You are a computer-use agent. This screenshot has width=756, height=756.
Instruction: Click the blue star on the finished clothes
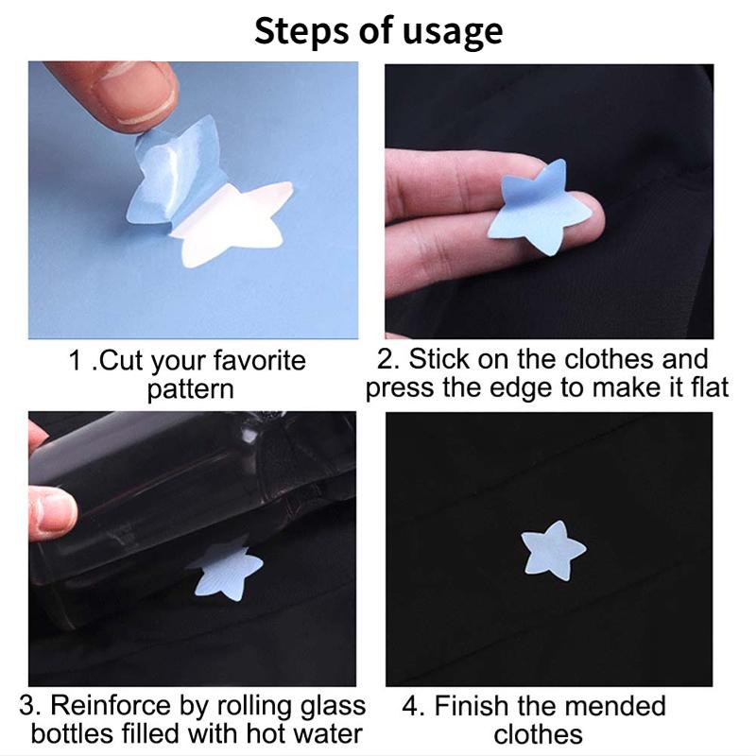(553, 552)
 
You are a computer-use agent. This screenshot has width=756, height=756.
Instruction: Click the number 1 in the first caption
(77, 361)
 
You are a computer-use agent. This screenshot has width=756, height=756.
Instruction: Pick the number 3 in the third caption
(27, 707)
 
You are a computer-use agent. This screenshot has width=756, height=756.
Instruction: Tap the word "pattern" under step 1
(190, 388)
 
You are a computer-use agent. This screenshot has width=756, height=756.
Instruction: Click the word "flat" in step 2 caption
(708, 387)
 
